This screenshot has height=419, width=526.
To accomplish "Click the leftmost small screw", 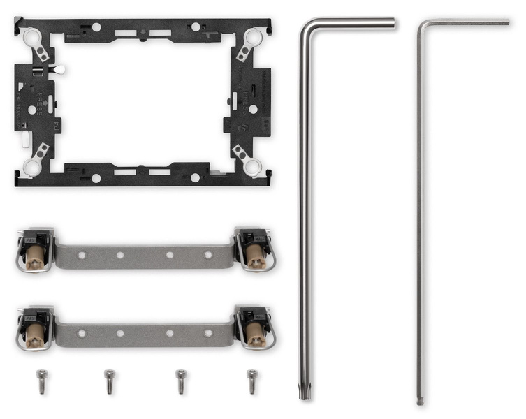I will tap(41, 381).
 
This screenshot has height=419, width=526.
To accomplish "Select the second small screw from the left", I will tap(109, 381).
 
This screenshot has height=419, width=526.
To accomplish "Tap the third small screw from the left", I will tap(181, 381).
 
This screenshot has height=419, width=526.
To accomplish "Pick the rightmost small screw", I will tap(251, 381).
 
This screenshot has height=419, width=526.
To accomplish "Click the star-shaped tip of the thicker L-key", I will tap(304, 395).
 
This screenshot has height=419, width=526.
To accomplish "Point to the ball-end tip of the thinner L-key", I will tap(420, 402).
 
